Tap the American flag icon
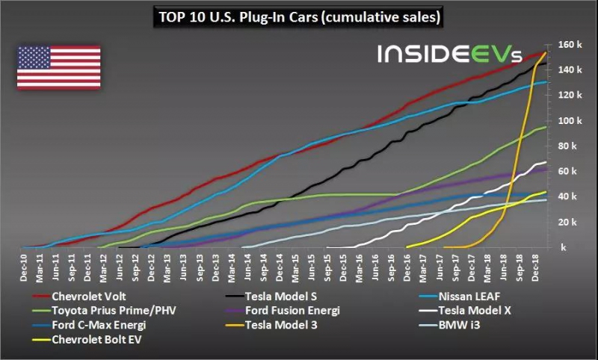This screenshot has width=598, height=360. pyautogui.click(x=58, y=67)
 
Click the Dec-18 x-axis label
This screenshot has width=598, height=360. pyautogui.click(x=534, y=266)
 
